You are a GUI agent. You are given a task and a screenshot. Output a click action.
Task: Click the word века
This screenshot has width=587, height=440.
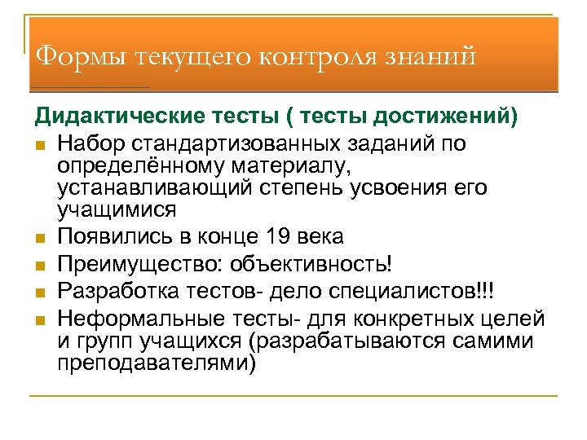click(321, 237)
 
